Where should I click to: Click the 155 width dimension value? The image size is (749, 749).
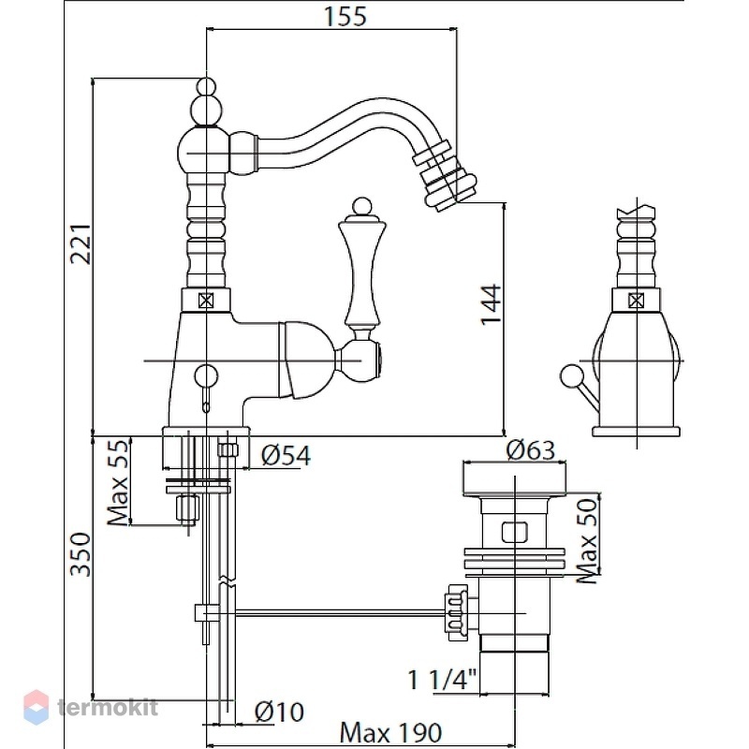345,16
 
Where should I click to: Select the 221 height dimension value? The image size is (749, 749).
81,243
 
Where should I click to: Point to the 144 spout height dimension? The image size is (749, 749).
491,305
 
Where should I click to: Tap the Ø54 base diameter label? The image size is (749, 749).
286,455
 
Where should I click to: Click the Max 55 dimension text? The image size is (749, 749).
118,482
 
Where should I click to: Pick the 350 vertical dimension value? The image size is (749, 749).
81,554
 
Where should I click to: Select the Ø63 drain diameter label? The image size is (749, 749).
531,450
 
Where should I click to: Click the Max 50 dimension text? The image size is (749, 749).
587,540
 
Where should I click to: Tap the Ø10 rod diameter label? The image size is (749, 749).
279,712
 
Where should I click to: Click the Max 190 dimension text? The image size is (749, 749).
390,732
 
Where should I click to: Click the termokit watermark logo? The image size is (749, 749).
91,708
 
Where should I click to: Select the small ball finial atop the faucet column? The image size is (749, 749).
206,86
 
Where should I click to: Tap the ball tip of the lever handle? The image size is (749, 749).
361,207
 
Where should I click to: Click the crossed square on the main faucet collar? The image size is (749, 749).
206,301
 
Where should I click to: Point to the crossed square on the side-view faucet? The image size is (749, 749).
637,301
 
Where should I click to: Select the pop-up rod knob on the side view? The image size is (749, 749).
571,375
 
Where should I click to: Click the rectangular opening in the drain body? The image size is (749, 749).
514,532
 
